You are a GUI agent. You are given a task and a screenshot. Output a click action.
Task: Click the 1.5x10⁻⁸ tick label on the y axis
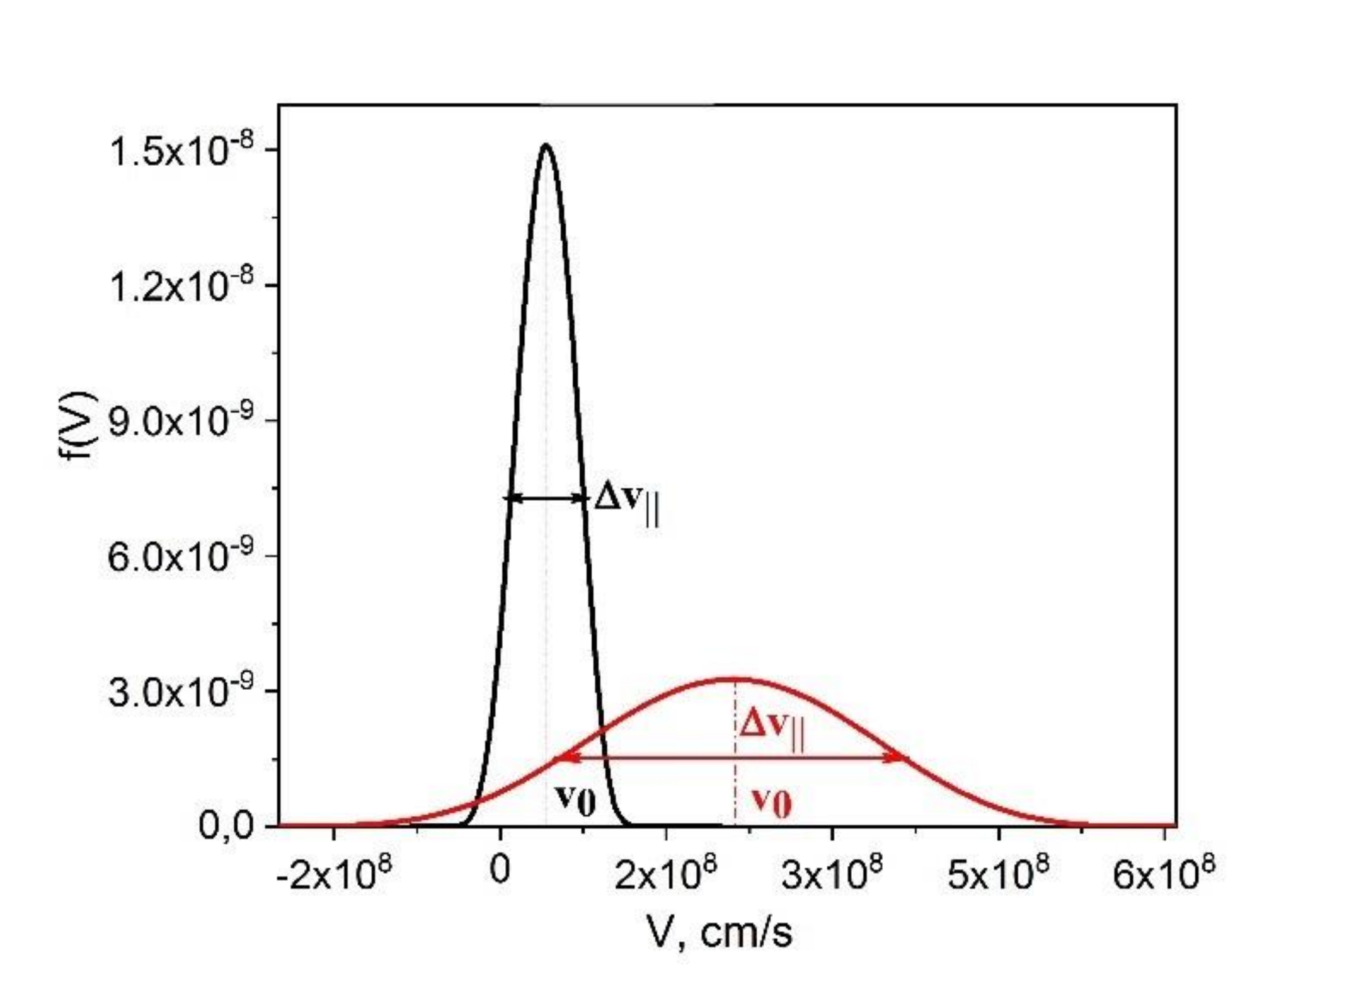coord(181,152)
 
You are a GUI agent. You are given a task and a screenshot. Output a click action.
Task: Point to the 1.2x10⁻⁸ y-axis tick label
coord(181,287)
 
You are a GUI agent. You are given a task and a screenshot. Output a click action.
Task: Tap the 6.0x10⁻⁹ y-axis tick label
coord(181,557)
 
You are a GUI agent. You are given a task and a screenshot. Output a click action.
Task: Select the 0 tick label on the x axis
coord(500,871)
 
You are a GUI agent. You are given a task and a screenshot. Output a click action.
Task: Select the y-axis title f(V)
coord(78,428)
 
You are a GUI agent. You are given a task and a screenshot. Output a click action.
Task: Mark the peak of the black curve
coord(546,146)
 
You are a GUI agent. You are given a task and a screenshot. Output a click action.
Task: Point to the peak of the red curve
coord(735,678)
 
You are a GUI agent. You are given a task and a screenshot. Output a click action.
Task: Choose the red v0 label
coord(771,802)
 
